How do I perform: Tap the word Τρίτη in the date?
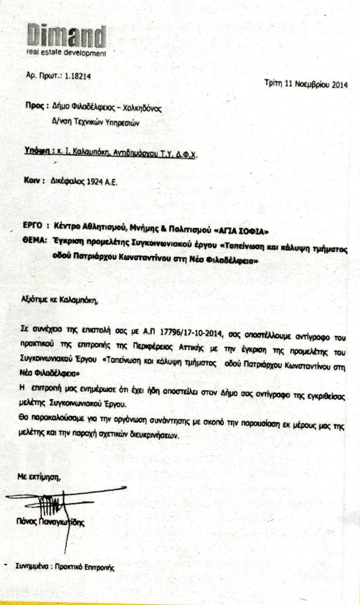273,84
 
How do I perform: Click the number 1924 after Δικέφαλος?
95,181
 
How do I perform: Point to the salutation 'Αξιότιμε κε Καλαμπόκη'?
60,300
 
